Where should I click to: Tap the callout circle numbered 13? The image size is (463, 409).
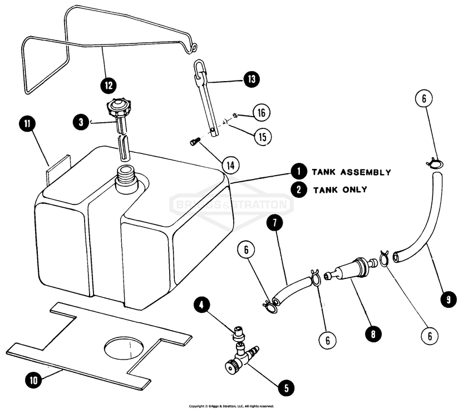[x=251, y=80]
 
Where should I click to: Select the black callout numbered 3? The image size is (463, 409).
[x=81, y=122]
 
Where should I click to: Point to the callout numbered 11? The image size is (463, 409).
[x=27, y=123]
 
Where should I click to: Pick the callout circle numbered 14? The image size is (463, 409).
[x=230, y=164]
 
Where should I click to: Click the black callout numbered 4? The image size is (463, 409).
[x=203, y=305]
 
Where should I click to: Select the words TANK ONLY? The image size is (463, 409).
[x=339, y=189]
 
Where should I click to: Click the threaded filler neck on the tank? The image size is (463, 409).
[x=126, y=179]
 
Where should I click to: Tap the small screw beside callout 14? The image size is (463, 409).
[x=195, y=142]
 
